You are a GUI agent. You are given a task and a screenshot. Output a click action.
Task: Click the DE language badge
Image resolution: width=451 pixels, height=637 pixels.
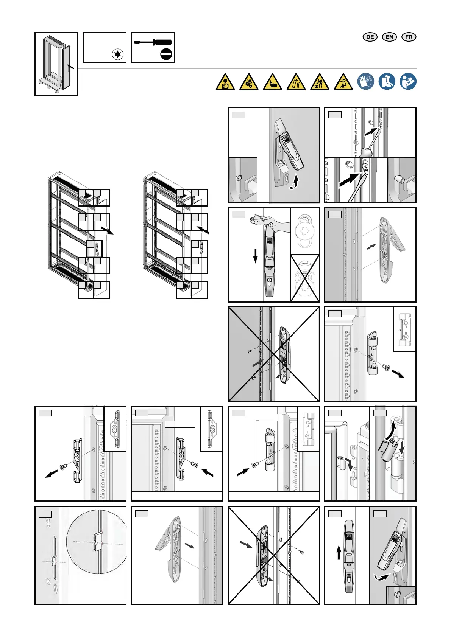pos(370,37)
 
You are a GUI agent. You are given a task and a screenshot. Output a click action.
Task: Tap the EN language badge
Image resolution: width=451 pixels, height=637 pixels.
pos(389,37)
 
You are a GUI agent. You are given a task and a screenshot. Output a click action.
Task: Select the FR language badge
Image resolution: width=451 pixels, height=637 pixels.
pos(409,37)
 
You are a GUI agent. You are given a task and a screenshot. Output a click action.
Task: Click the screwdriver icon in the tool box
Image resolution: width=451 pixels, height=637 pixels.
pos(153,42)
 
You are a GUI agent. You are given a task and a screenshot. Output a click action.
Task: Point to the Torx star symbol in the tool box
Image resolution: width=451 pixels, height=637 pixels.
pos(118,54)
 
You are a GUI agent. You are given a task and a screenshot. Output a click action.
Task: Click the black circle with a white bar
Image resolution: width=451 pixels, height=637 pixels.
pos(166,54)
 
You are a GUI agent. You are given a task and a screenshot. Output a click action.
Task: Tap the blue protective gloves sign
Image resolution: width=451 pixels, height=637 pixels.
pos(365,81)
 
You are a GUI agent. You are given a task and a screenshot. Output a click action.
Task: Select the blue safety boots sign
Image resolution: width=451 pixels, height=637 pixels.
pos(387,81)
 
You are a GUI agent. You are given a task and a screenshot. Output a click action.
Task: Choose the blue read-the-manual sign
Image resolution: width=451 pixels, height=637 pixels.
pos(408,81)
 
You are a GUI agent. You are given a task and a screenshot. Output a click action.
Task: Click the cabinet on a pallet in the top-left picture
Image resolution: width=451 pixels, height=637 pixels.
pos(56,64)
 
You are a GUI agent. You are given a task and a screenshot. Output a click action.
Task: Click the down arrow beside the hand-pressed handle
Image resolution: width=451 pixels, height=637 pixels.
pos(256,256)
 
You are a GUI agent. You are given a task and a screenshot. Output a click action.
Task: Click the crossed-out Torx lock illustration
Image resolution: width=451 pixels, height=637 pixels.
pos(305,278)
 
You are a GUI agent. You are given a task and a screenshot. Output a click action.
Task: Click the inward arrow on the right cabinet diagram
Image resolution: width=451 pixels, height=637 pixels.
pos(203,229)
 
